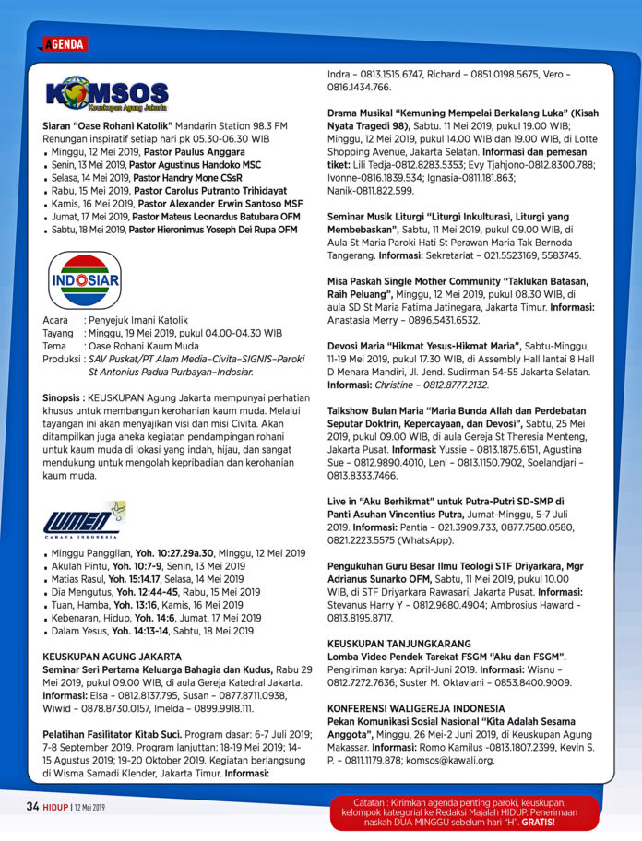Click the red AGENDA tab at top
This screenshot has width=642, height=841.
(64, 44)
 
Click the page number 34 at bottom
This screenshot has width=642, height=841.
(32, 806)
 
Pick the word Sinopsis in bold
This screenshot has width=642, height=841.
(65, 397)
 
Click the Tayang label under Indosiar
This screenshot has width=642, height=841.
(58, 333)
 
